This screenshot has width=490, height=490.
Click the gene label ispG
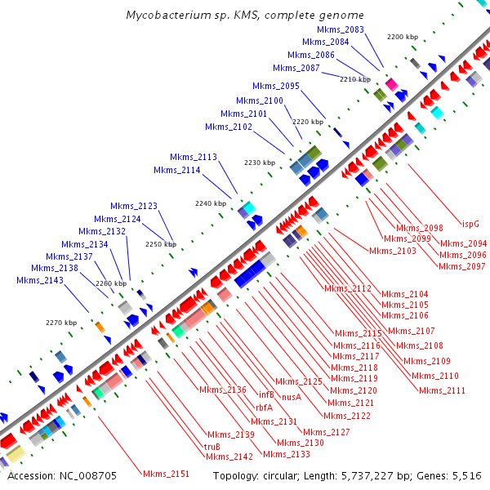coord(470,223)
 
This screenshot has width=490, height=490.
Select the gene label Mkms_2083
coord(341,29)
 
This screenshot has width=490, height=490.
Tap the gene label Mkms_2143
coord(40,281)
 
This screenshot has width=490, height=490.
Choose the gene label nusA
coord(292,397)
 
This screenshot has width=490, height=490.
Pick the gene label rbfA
coord(264,408)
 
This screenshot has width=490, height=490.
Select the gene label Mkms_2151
coord(166,474)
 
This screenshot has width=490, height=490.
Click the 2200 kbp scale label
coord(403,37)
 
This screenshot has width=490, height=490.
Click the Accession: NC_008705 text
coord(62,475)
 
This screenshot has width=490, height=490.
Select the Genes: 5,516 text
coord(453,475)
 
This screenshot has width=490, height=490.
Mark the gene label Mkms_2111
coord(442,390)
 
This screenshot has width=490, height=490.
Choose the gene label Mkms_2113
coord(194,157)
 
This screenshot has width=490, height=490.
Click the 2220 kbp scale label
coord(308,122)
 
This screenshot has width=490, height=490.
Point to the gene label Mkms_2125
coord(298,382)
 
